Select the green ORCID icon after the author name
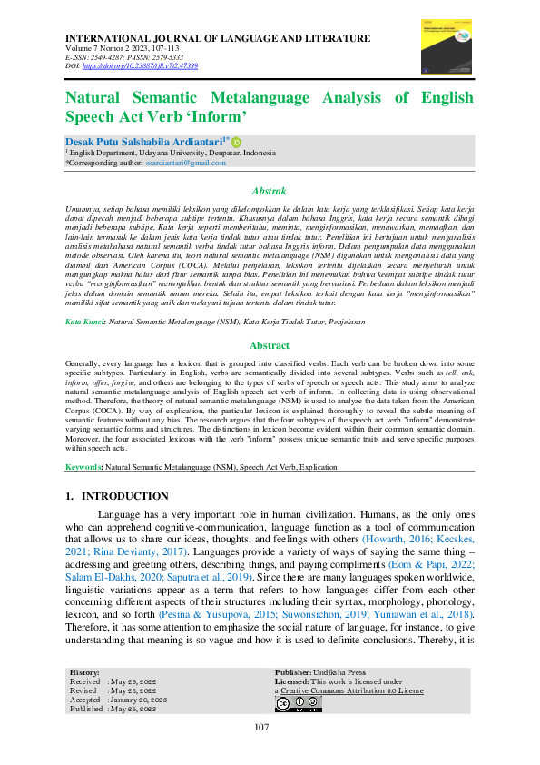pos(237,143)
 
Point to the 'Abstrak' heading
pos(269,192)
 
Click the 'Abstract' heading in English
pos(269,346)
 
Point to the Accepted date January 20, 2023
pos(138,700)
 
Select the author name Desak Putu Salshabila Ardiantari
pos(146,143)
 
